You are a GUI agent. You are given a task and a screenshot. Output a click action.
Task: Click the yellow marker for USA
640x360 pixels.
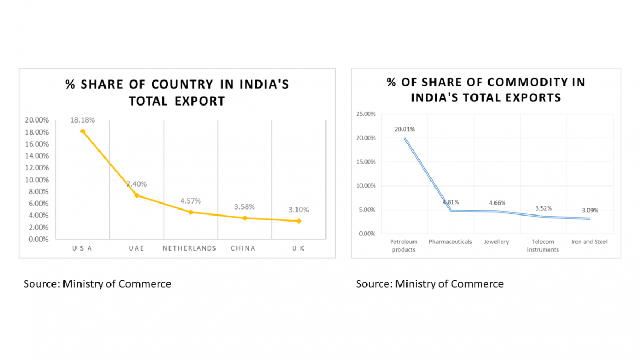pyautogui.click(x=83, y=131)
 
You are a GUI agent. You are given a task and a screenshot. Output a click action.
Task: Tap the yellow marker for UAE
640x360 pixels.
pyautogui.click(x=136, y=195)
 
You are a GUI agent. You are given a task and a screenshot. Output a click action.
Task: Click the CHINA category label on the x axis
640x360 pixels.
pyautogui.click(x=243, y=248)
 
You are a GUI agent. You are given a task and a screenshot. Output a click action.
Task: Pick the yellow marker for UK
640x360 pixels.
pyautogui.click(x=298, y=220)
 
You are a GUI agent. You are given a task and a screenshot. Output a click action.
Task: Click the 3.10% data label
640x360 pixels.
pyautogui.click(x=298, y=210)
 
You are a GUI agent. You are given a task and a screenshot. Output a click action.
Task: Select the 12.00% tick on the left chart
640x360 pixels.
pyautogui.click(x=37, y=167)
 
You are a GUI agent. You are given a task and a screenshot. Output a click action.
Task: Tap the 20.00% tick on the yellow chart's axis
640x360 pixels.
pyautogui.click(x=37, y=120)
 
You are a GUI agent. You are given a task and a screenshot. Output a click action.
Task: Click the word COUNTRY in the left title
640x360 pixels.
pyautogui.click(x=183, y=85)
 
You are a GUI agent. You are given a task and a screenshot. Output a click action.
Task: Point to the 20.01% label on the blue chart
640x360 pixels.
pyautogui.click(x=404, y=130)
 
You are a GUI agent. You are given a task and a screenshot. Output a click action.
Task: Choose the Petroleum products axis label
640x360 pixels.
pyautogui.click(x=404, y=245)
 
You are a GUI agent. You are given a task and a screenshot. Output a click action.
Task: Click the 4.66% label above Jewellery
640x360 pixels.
pyautogui.click(x=497, y=202)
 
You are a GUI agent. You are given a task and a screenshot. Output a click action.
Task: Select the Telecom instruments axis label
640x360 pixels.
pyautogui.click(x=543, y=245)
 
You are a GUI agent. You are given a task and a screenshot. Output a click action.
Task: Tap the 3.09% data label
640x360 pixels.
pyautogui.click(x=590, y=210)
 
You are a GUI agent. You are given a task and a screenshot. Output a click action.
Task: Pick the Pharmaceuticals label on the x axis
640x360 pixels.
pyautogui.click(x=450, y=241)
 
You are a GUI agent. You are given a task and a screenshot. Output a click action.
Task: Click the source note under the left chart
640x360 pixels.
pyautogui.click(x=97, y=283)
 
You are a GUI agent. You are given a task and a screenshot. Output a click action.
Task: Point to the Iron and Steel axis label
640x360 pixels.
pyautogui.click(x=590, y=241)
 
